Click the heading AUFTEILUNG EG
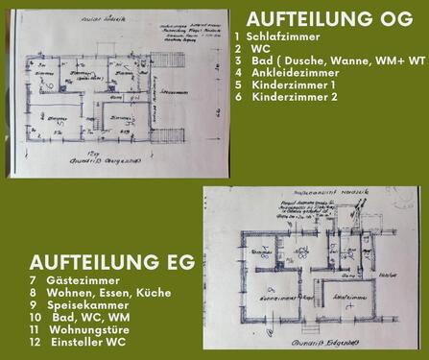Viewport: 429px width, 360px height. pos(112,261)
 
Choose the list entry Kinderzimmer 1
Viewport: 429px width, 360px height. pos(287,84)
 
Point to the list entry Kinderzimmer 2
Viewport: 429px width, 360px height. pos(288,97)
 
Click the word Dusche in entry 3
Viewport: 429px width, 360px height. pos(303,60)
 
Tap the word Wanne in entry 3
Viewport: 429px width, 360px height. pos(349,60)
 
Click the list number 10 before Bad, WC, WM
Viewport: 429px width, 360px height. pos(36,317)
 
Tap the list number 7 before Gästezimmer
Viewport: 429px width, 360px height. pos(34,279)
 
